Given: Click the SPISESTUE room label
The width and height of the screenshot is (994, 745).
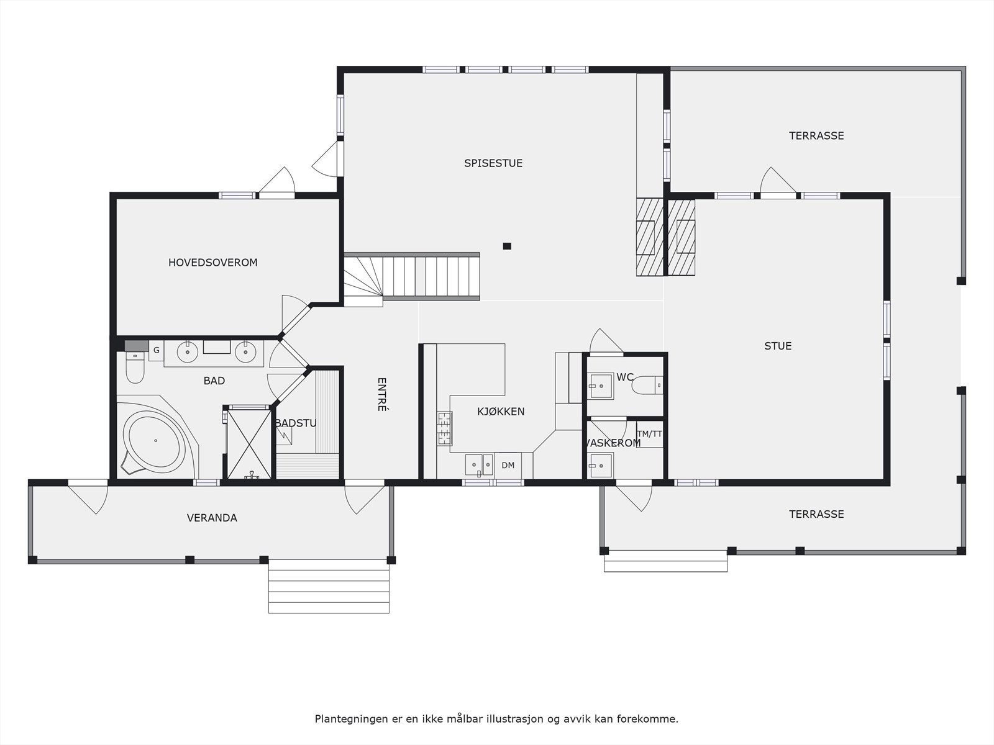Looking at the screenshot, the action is pyautogui.click(x=493, y=163).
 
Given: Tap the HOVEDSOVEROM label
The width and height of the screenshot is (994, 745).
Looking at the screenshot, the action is pyautogui.click(x=213, y=263).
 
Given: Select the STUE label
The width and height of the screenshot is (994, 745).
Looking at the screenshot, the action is pyautogui.click(x=778, y=346).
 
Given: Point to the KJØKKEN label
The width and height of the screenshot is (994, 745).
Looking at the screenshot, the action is pyautogui.click(x=501, y=412).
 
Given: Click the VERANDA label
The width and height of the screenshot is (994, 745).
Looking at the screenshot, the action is pyautogui.click(x=212, y=518).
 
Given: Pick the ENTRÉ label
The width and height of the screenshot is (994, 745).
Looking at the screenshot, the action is pyautogui.click(x=381, y=394).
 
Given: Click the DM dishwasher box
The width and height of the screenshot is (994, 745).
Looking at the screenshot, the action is pyautogui.click(x=508, y=465).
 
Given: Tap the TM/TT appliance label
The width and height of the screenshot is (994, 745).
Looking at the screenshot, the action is pyautogui.click(x=649, y=434).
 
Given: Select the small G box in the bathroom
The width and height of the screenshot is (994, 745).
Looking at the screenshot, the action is pyautogui.click(x=157, y=351).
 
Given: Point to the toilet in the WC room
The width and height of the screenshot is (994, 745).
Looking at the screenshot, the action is pyautogui.click(x=647, y=386).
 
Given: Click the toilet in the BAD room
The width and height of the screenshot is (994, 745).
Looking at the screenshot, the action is pyautogui.click(x=135, y=368).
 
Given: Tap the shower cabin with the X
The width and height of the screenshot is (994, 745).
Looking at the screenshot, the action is pyautogui.click(x=248, y=443).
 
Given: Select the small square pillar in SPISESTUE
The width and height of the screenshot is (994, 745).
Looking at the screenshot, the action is pyautogui.click(x=507, y=246).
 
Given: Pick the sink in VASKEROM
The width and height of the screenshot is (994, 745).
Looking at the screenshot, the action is pyautogui.click(x=600, y=466).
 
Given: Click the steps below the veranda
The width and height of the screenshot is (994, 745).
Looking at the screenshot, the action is pyautogui.click(x=329, y=586).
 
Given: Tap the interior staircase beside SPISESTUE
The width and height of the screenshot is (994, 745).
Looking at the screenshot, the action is pyautogui.click(x=412, y=277).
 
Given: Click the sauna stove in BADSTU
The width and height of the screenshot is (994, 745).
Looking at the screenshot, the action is pyautogui.click(x=285, y=436).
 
